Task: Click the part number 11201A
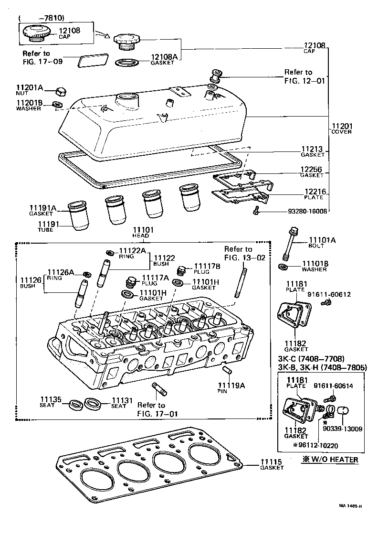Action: point(29,88)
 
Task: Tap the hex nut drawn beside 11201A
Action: point(60,91)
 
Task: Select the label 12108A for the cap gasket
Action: point(164,57)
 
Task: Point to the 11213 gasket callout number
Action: point(313,149)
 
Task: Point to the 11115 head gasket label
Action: point(272,462)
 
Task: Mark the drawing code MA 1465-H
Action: point(351,506)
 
